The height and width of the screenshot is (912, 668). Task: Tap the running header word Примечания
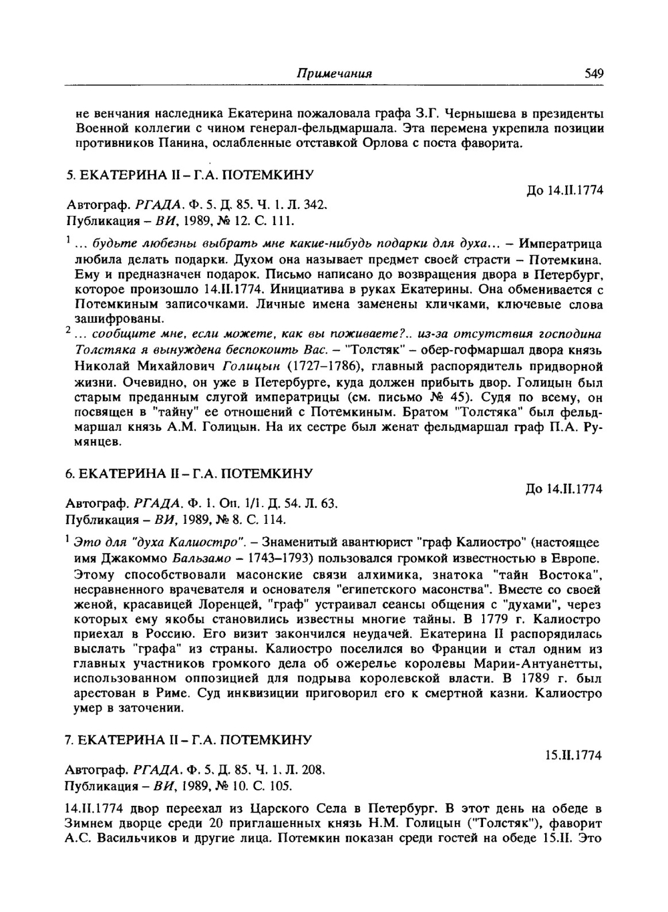pos(334,73)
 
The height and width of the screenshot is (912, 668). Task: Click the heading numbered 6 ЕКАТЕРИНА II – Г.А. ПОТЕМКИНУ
pos(189,474)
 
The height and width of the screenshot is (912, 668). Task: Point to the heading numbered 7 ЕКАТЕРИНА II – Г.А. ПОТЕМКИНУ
pos(189,740)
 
